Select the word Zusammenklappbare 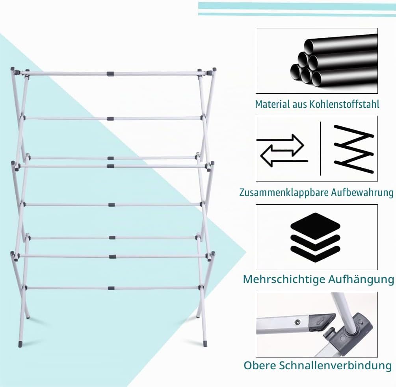[x=283, y=193]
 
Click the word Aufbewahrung [x=362, y=193]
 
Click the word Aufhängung [x=361, y=279]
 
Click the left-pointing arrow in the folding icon [x=284, y=156]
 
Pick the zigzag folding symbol [x=354, y=149]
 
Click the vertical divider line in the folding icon [x=320, y=148]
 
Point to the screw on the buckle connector [x=297, y=322]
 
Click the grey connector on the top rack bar [x=110, y=74]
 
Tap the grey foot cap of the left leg [x=20, y=344]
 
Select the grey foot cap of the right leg [x=206, y=344]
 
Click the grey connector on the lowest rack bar [x=111, y=288]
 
